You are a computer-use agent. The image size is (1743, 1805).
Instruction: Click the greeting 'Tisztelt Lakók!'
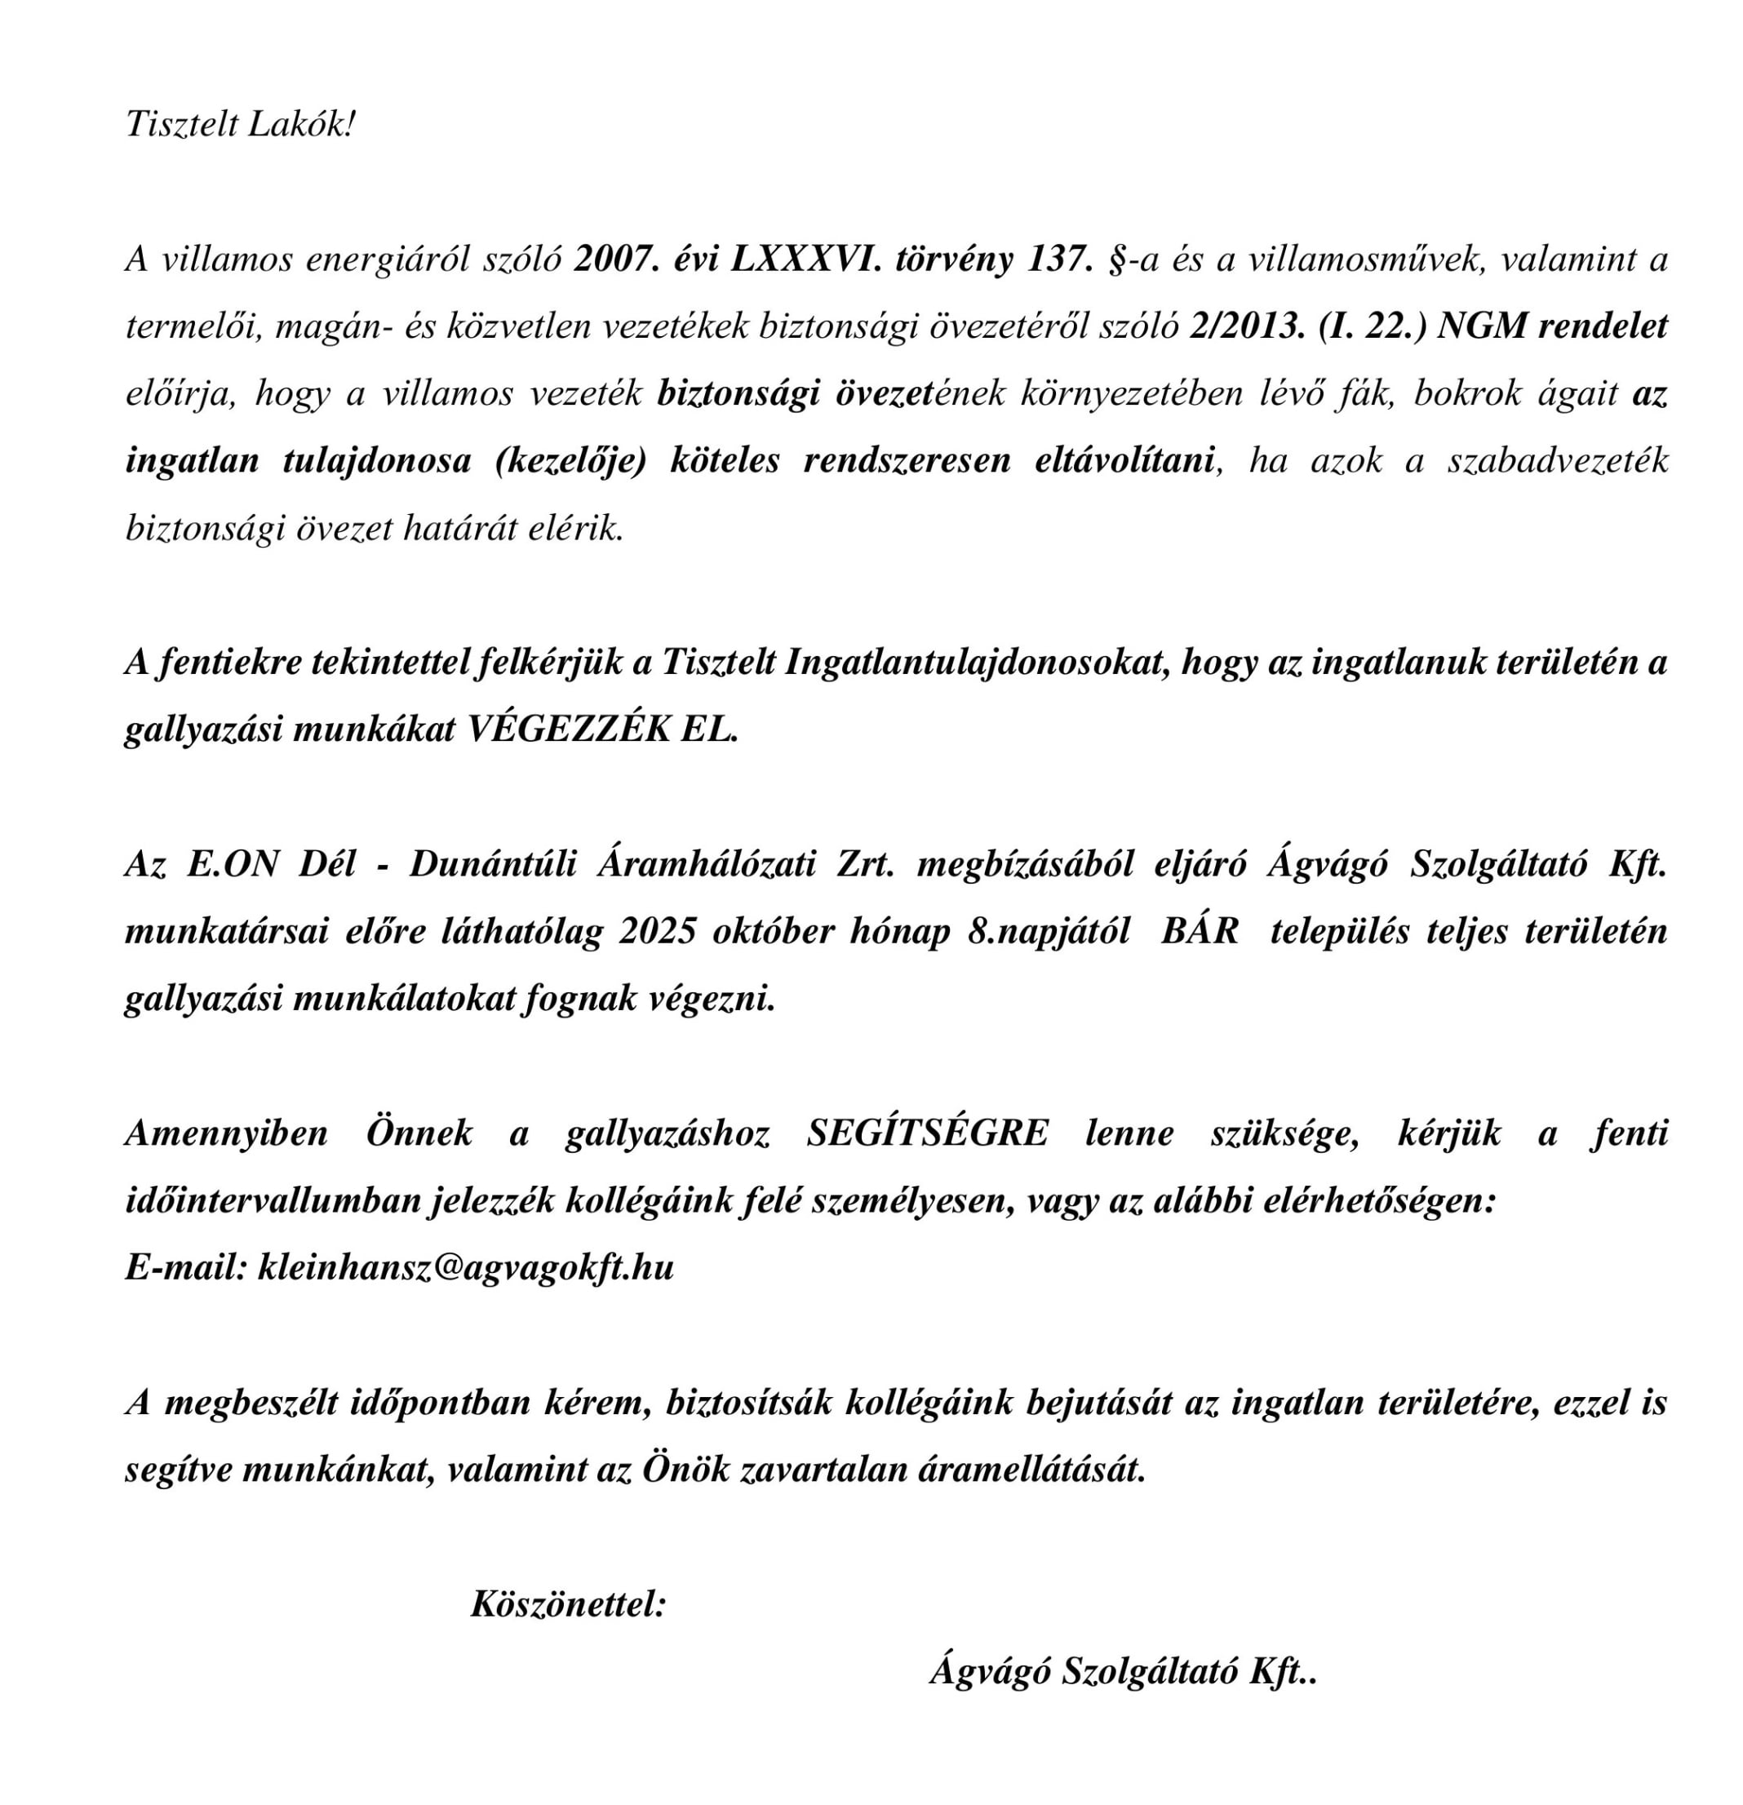[239, 124]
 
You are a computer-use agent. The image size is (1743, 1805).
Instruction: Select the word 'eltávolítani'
[1125, 460]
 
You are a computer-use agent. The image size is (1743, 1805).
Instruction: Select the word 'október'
[773, 931]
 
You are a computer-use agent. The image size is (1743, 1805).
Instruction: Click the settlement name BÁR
[1199, 931]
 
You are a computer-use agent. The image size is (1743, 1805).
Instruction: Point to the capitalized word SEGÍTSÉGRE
[927, 1133]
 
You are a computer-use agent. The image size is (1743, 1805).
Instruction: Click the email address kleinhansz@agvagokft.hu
[466, 1267]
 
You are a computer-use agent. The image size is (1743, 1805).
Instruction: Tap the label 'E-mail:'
[185, 1267]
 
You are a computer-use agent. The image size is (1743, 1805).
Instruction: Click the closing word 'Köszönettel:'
[568, 1603]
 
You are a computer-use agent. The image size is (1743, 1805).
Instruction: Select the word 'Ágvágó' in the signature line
[990, 1670]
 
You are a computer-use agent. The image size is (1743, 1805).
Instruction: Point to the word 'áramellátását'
[1031, 1469]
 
